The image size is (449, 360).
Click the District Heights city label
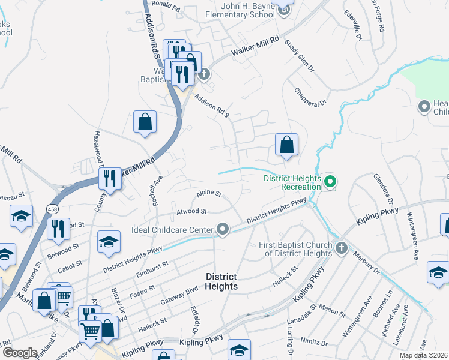click(221, 281)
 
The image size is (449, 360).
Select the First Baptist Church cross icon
click(341, 248)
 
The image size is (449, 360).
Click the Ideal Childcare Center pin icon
click(223, 229)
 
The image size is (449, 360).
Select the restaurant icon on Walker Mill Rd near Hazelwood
click(110, 178)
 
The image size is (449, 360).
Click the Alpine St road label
click(209, 194)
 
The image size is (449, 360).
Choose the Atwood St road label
click(191, 211)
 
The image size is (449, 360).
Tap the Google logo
click(20, 353)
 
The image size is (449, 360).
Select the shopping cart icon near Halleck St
click(90, 329)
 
